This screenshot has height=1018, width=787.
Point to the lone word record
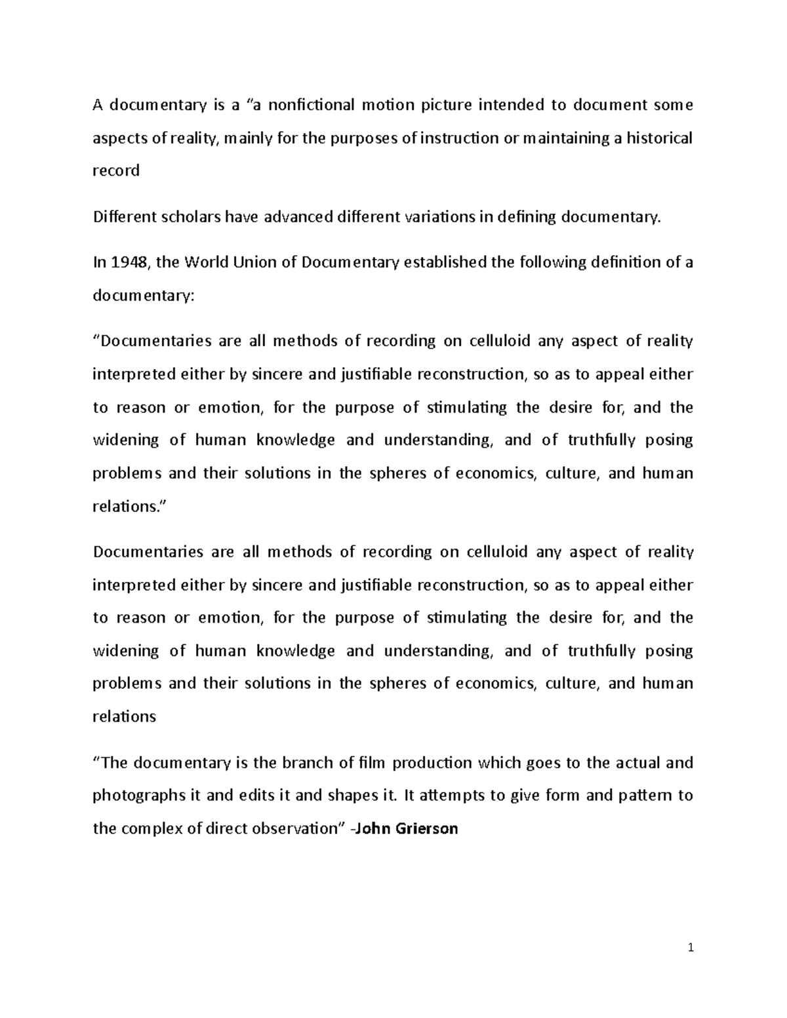116,171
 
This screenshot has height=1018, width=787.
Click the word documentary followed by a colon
144,296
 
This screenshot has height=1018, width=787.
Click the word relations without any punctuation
125,716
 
